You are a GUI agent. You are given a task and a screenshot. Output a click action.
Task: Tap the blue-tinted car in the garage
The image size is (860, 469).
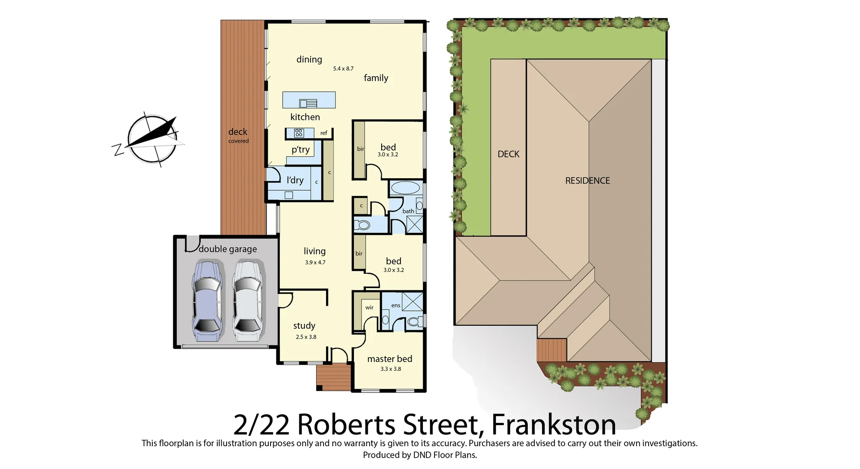coord(207,301)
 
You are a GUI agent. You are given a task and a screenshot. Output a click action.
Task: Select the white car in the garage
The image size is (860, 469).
coord(248,301)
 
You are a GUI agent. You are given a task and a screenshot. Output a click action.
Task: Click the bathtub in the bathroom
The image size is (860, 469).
coord(405,188)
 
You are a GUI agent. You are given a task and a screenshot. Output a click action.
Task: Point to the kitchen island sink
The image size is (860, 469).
coord(308,103)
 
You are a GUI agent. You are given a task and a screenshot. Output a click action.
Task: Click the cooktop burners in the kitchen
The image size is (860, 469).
coord(299,133)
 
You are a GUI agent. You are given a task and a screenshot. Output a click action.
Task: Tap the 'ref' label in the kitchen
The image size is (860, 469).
coord(324,133)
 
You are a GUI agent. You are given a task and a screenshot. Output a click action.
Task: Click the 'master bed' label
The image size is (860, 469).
coord(390,359)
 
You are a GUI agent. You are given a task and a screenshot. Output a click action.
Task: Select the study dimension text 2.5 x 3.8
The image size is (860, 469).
coord(306,337)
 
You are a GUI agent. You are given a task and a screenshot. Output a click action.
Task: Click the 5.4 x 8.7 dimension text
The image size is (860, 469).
coord(343,69)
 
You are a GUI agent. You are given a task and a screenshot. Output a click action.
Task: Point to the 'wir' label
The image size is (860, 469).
coord(369,307)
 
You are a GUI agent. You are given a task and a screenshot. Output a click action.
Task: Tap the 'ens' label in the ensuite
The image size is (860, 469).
coord(396,305)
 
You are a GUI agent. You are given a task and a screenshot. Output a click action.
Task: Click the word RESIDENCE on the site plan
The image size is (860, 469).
coord(587,181)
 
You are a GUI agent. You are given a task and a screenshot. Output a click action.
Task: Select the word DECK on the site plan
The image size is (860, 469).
coord(508,154)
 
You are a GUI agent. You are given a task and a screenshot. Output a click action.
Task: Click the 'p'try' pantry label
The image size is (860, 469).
coord(301,150)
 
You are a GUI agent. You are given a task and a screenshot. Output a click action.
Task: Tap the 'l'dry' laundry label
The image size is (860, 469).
coord(295,180)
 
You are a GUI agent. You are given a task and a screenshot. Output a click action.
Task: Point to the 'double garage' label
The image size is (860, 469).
coord(228,249)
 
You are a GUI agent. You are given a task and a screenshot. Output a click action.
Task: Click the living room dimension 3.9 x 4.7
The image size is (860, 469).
coord(315,262)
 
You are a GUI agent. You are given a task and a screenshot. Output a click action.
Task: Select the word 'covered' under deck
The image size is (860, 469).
coord(238,141)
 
